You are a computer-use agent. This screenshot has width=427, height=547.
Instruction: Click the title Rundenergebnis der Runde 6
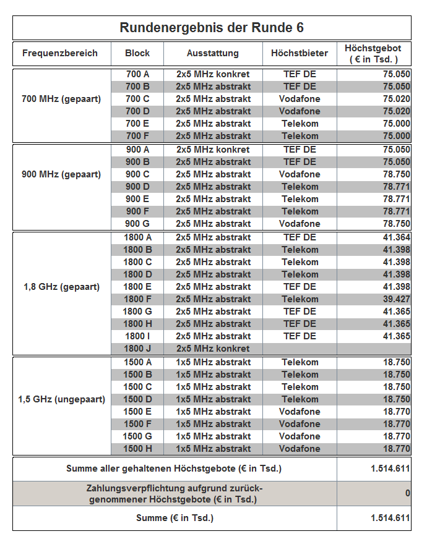pos(212,28)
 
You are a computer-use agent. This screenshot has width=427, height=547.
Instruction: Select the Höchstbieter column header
pos(300,53)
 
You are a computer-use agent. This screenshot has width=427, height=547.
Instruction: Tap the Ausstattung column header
pos(213,53)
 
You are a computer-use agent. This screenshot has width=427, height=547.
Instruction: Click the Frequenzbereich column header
pos(60,53)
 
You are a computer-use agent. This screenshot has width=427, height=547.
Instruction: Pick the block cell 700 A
pos(137,74)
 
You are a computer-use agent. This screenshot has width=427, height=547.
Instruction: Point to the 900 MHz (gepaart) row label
pos(61,174)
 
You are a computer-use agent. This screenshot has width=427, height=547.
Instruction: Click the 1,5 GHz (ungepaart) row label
pos(61,399)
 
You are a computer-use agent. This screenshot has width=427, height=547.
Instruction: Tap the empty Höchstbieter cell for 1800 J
pos(300,349)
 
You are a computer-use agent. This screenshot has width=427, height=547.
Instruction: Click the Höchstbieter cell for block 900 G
pos(300,224)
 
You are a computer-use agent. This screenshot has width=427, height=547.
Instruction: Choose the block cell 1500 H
pos(137,449)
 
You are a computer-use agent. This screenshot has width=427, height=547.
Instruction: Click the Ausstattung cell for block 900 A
pos(213,150)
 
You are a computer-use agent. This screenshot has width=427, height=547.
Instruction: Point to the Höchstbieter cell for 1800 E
pos(300,287)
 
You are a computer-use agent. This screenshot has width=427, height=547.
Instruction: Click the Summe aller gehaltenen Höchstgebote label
pos(174,469)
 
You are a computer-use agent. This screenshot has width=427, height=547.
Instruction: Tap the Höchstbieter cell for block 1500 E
pos(300,412)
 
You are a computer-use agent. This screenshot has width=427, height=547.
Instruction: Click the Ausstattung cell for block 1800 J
pos(213,349)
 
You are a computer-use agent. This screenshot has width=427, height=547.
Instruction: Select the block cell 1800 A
pos(137,237)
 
